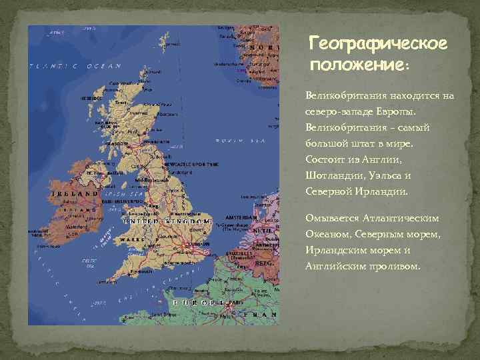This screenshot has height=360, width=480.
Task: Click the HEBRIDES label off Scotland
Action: (91, 98)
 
